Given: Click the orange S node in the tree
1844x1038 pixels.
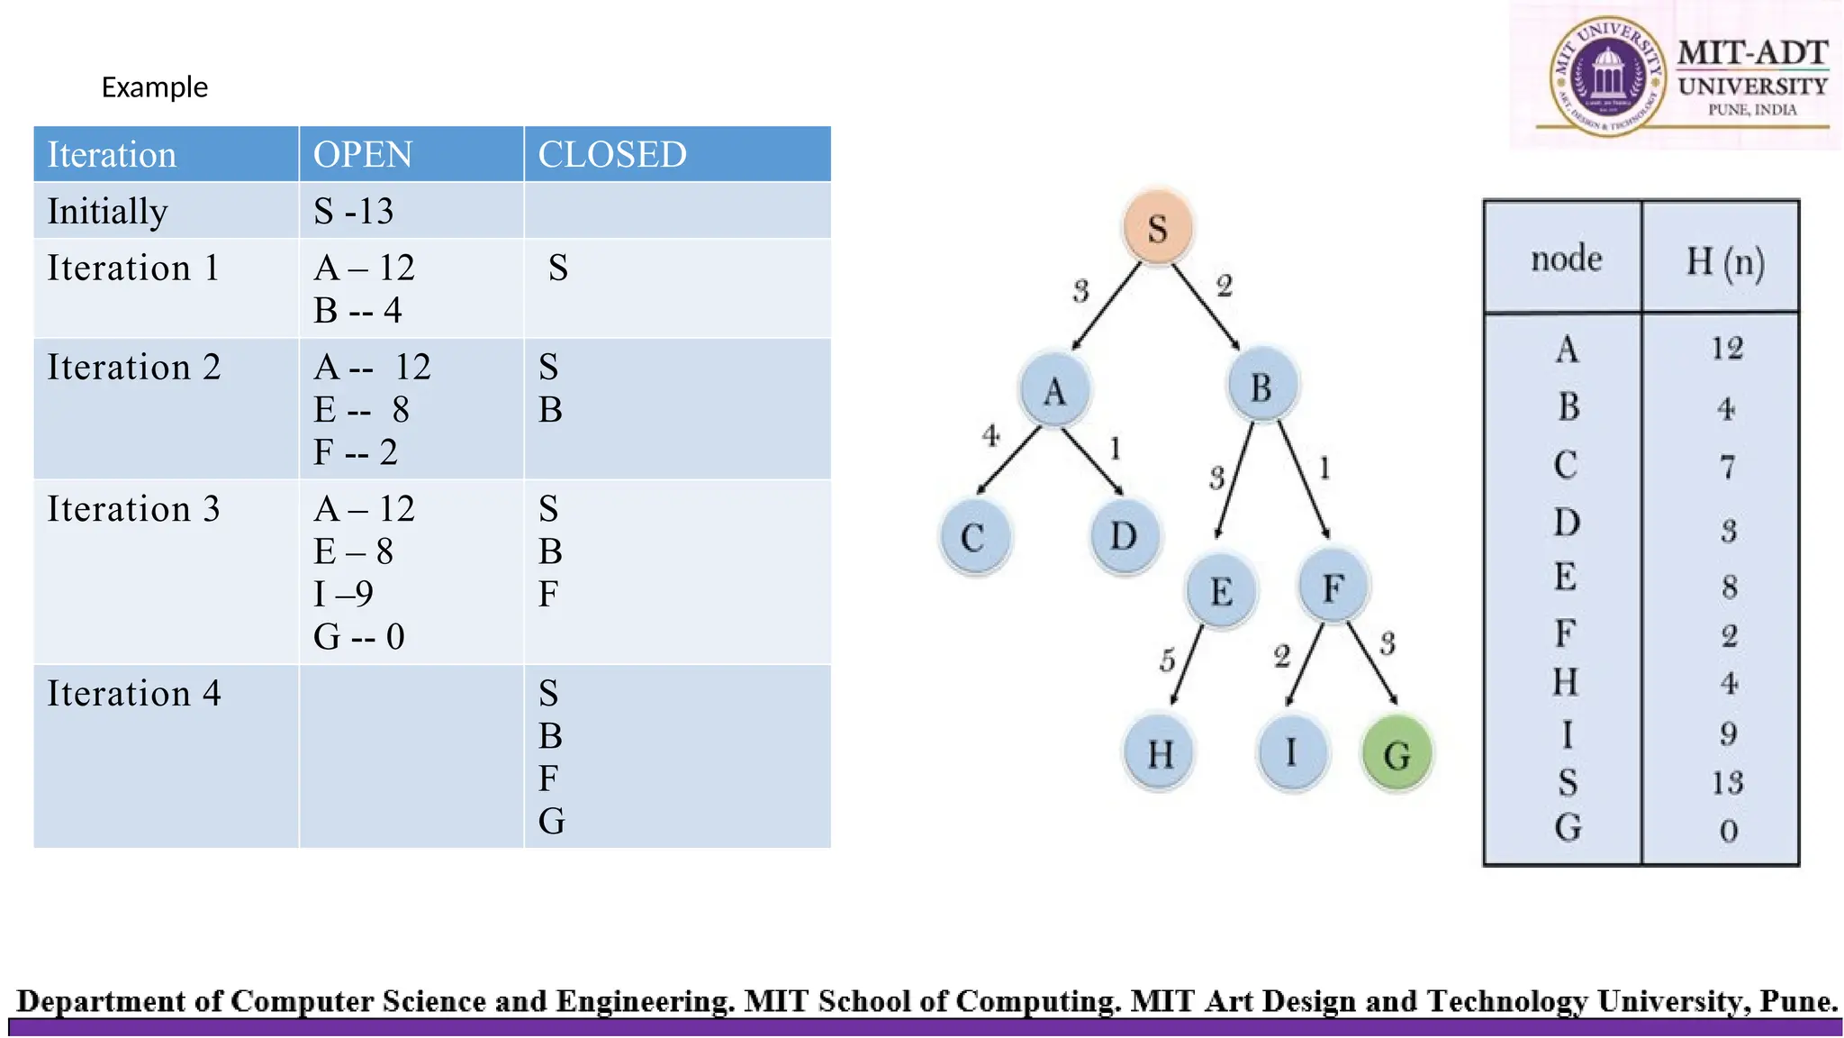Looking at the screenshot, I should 1158,227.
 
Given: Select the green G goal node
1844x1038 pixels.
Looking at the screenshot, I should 1397,753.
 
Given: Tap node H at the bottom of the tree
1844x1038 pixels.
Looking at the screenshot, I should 1160,753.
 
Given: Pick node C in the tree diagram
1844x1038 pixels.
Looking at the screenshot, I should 973,538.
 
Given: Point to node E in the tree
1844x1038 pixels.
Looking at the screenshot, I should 1221,591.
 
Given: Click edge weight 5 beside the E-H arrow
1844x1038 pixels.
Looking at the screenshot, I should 1168,660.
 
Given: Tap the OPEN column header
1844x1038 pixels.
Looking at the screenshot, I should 363,155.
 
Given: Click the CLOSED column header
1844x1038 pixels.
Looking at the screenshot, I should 612,155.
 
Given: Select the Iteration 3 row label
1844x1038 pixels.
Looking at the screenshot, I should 133,509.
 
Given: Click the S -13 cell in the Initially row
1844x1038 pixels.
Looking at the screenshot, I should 354,212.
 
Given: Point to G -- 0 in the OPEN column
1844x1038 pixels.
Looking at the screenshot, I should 359,637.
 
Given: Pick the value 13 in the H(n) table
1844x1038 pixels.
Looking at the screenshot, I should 1728,782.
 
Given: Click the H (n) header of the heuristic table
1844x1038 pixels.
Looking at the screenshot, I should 1724,261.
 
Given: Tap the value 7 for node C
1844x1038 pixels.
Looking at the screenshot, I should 1727,467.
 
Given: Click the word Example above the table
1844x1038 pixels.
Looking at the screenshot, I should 155,87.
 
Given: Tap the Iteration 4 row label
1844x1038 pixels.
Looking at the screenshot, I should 133,694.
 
